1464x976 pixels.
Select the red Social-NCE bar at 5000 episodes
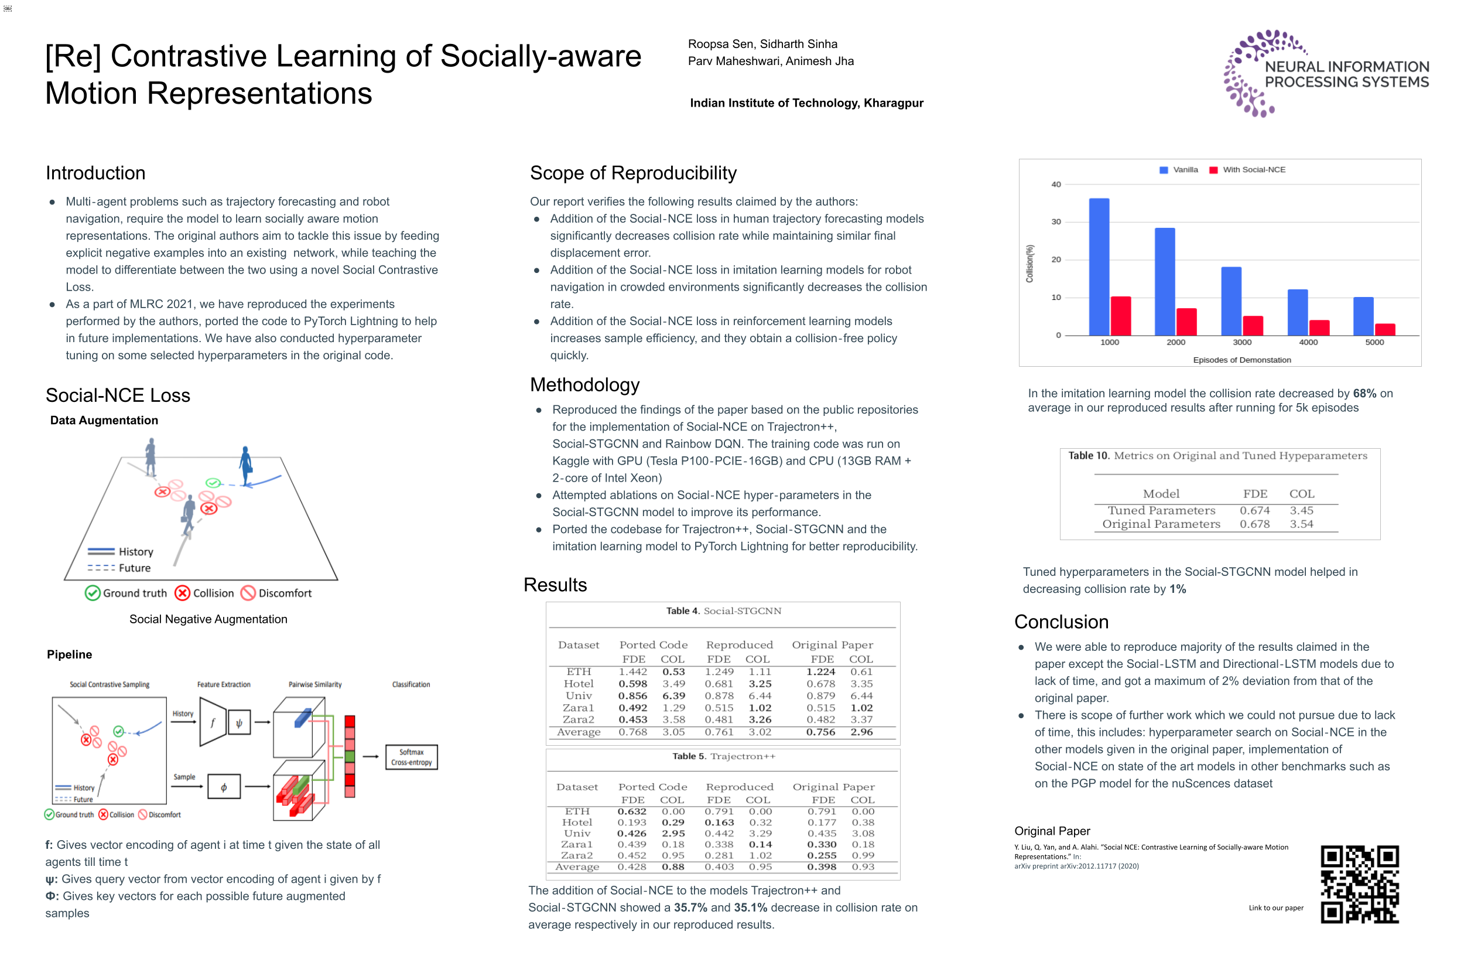1384,329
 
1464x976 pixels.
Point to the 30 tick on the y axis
1056,221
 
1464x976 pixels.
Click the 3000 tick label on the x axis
1241,342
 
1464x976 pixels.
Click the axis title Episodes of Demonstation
1241,360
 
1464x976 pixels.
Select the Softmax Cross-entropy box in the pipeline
411,757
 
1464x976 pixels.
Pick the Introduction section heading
95,172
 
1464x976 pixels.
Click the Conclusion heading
1061,621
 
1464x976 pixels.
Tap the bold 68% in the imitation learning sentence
1364,394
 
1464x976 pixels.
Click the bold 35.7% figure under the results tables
690,907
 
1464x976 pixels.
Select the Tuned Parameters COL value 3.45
1301,510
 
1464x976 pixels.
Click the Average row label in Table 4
578,732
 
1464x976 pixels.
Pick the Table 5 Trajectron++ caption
723,756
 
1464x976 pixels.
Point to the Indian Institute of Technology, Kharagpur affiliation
806,103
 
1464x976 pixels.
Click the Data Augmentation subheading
104,420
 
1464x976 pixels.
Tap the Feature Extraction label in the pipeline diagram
223,684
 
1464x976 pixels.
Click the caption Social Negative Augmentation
208,619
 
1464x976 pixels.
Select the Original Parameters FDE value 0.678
1254,524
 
